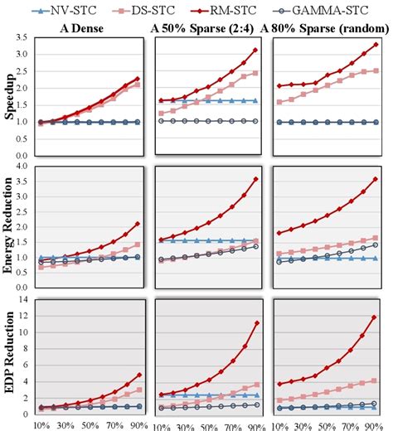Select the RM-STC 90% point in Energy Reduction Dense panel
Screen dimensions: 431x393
tap(137, 225)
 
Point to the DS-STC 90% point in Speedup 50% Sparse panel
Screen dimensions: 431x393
tap(257, 73)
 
